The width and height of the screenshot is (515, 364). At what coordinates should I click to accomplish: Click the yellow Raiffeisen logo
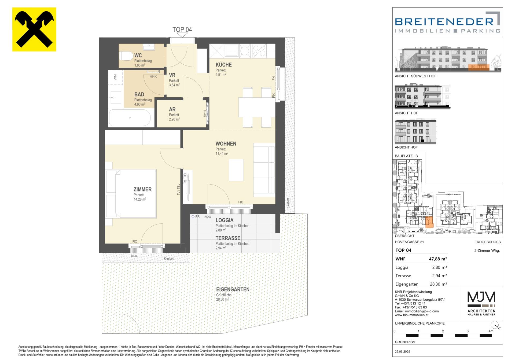click(x=34, y=29)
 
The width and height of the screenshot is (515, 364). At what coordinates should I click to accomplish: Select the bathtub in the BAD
click(x=130, y=118)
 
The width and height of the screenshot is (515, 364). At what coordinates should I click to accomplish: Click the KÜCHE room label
click(x=224, y=65)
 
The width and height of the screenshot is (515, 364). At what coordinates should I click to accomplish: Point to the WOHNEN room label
click(x=226, y=144)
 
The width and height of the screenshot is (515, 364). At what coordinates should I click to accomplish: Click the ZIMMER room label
click(x=142, y=189)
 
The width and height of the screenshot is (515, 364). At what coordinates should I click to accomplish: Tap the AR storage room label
click(x=172, y=109)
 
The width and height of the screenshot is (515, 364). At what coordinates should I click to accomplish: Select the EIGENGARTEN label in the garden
click(x=233, y=289)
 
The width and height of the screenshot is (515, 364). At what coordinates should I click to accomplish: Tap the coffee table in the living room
click(x=236, y=170)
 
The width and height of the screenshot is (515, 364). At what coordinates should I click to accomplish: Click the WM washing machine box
click(x=116, y=77)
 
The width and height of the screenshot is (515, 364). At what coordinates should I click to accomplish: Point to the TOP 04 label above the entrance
click(x=182, y=30)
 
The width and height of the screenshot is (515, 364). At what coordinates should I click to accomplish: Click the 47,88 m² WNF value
click(x=438, y=259)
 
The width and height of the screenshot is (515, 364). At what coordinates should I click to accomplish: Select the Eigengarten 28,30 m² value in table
click(x=438, y=284)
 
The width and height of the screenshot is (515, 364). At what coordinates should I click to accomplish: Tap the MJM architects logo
click(x=481, y=303)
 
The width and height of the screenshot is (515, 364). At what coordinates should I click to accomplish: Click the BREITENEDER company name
click(x=444, y=21)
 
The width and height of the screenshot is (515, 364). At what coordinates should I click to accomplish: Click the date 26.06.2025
click(x=402, y=351)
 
